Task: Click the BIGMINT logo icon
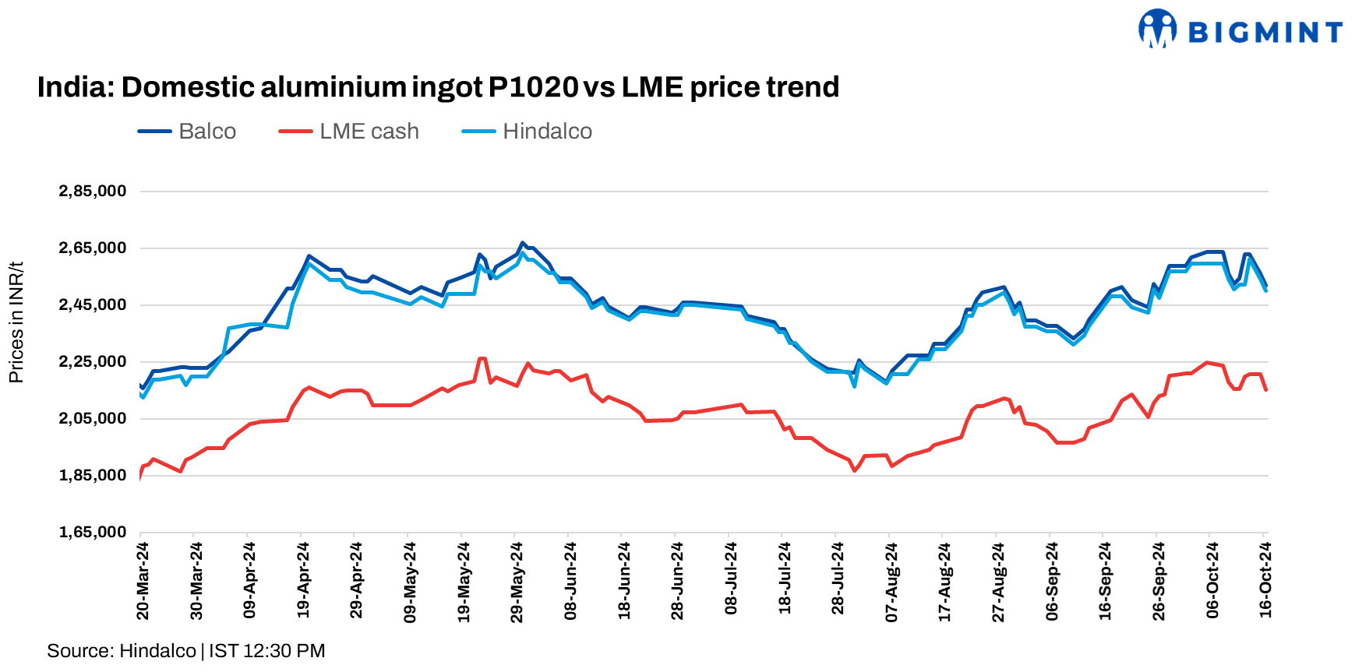1157,30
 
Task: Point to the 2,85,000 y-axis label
92,192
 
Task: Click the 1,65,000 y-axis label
92,533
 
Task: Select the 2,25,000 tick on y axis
92,362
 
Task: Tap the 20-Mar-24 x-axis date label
143,581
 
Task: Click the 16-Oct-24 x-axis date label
1265,581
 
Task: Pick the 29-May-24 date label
517,581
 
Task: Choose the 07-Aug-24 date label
891,581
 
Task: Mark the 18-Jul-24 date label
785,581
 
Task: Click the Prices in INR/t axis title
16,322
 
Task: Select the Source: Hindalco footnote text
122,651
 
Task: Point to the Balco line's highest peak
522,243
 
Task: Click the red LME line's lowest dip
855,470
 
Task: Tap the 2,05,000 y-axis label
92,419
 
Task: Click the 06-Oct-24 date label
1212,581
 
